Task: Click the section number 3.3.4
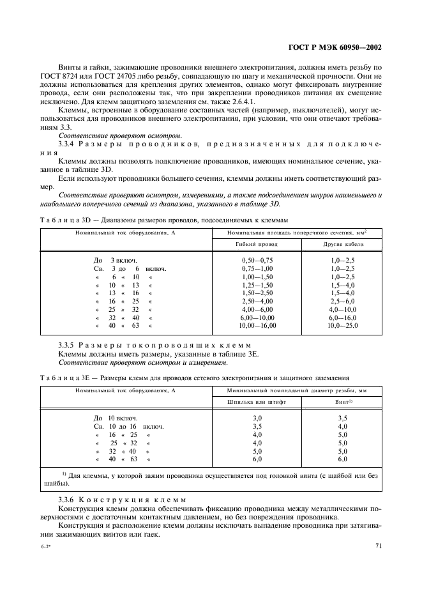click(x=68, y=144)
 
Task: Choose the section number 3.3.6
click(x=68, y=498)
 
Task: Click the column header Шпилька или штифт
click(x=258, y=402)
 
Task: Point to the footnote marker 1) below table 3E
click(x=64, y=473)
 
